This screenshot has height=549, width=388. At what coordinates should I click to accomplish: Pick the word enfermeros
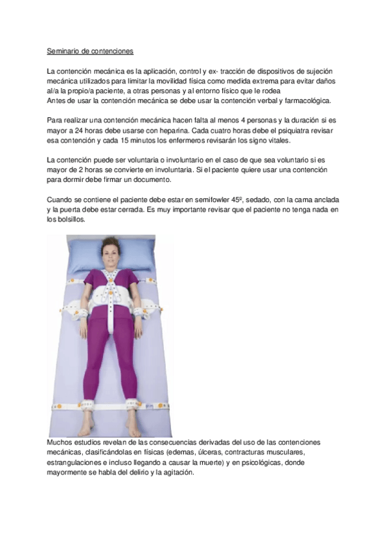tap(196, 140)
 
